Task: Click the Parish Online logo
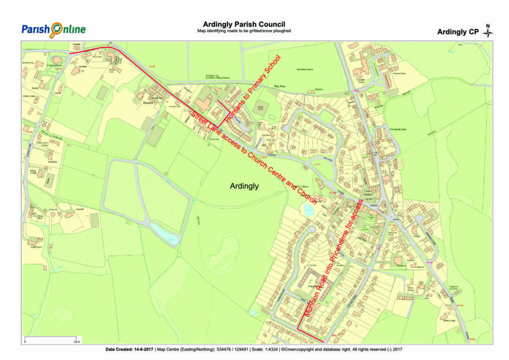tap(53, 29)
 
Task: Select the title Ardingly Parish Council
tap(244, 24)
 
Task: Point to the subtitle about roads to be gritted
tap(244, 31)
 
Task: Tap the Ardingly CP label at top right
tap(457, 32)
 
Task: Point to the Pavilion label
tap(319, 90)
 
